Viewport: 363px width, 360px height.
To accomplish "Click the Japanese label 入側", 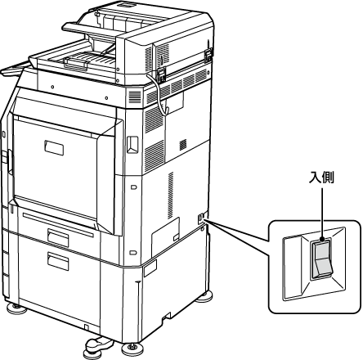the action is pos(321,178).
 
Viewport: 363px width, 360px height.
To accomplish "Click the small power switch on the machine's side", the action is pos(201,218).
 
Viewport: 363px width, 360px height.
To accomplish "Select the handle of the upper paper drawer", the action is pos(58,237).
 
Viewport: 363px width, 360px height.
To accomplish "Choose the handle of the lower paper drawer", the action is pos(58,261).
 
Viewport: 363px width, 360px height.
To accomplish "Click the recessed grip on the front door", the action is pos(54,148).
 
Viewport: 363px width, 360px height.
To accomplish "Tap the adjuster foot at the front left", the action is pos(16,308).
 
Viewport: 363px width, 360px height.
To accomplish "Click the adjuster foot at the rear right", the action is pos(204,296).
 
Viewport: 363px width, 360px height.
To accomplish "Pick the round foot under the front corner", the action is pos(132,347).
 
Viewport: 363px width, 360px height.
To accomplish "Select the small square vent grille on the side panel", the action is pos(183,145).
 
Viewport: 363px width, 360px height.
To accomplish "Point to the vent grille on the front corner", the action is pos(135,97).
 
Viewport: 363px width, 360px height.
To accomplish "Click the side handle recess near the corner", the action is pos(132,145).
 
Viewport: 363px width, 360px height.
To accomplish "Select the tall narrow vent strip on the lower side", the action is pos(171,196).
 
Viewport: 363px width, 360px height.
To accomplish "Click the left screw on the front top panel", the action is pos(52,87).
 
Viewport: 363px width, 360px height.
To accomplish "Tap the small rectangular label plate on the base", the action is pos(150,268).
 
